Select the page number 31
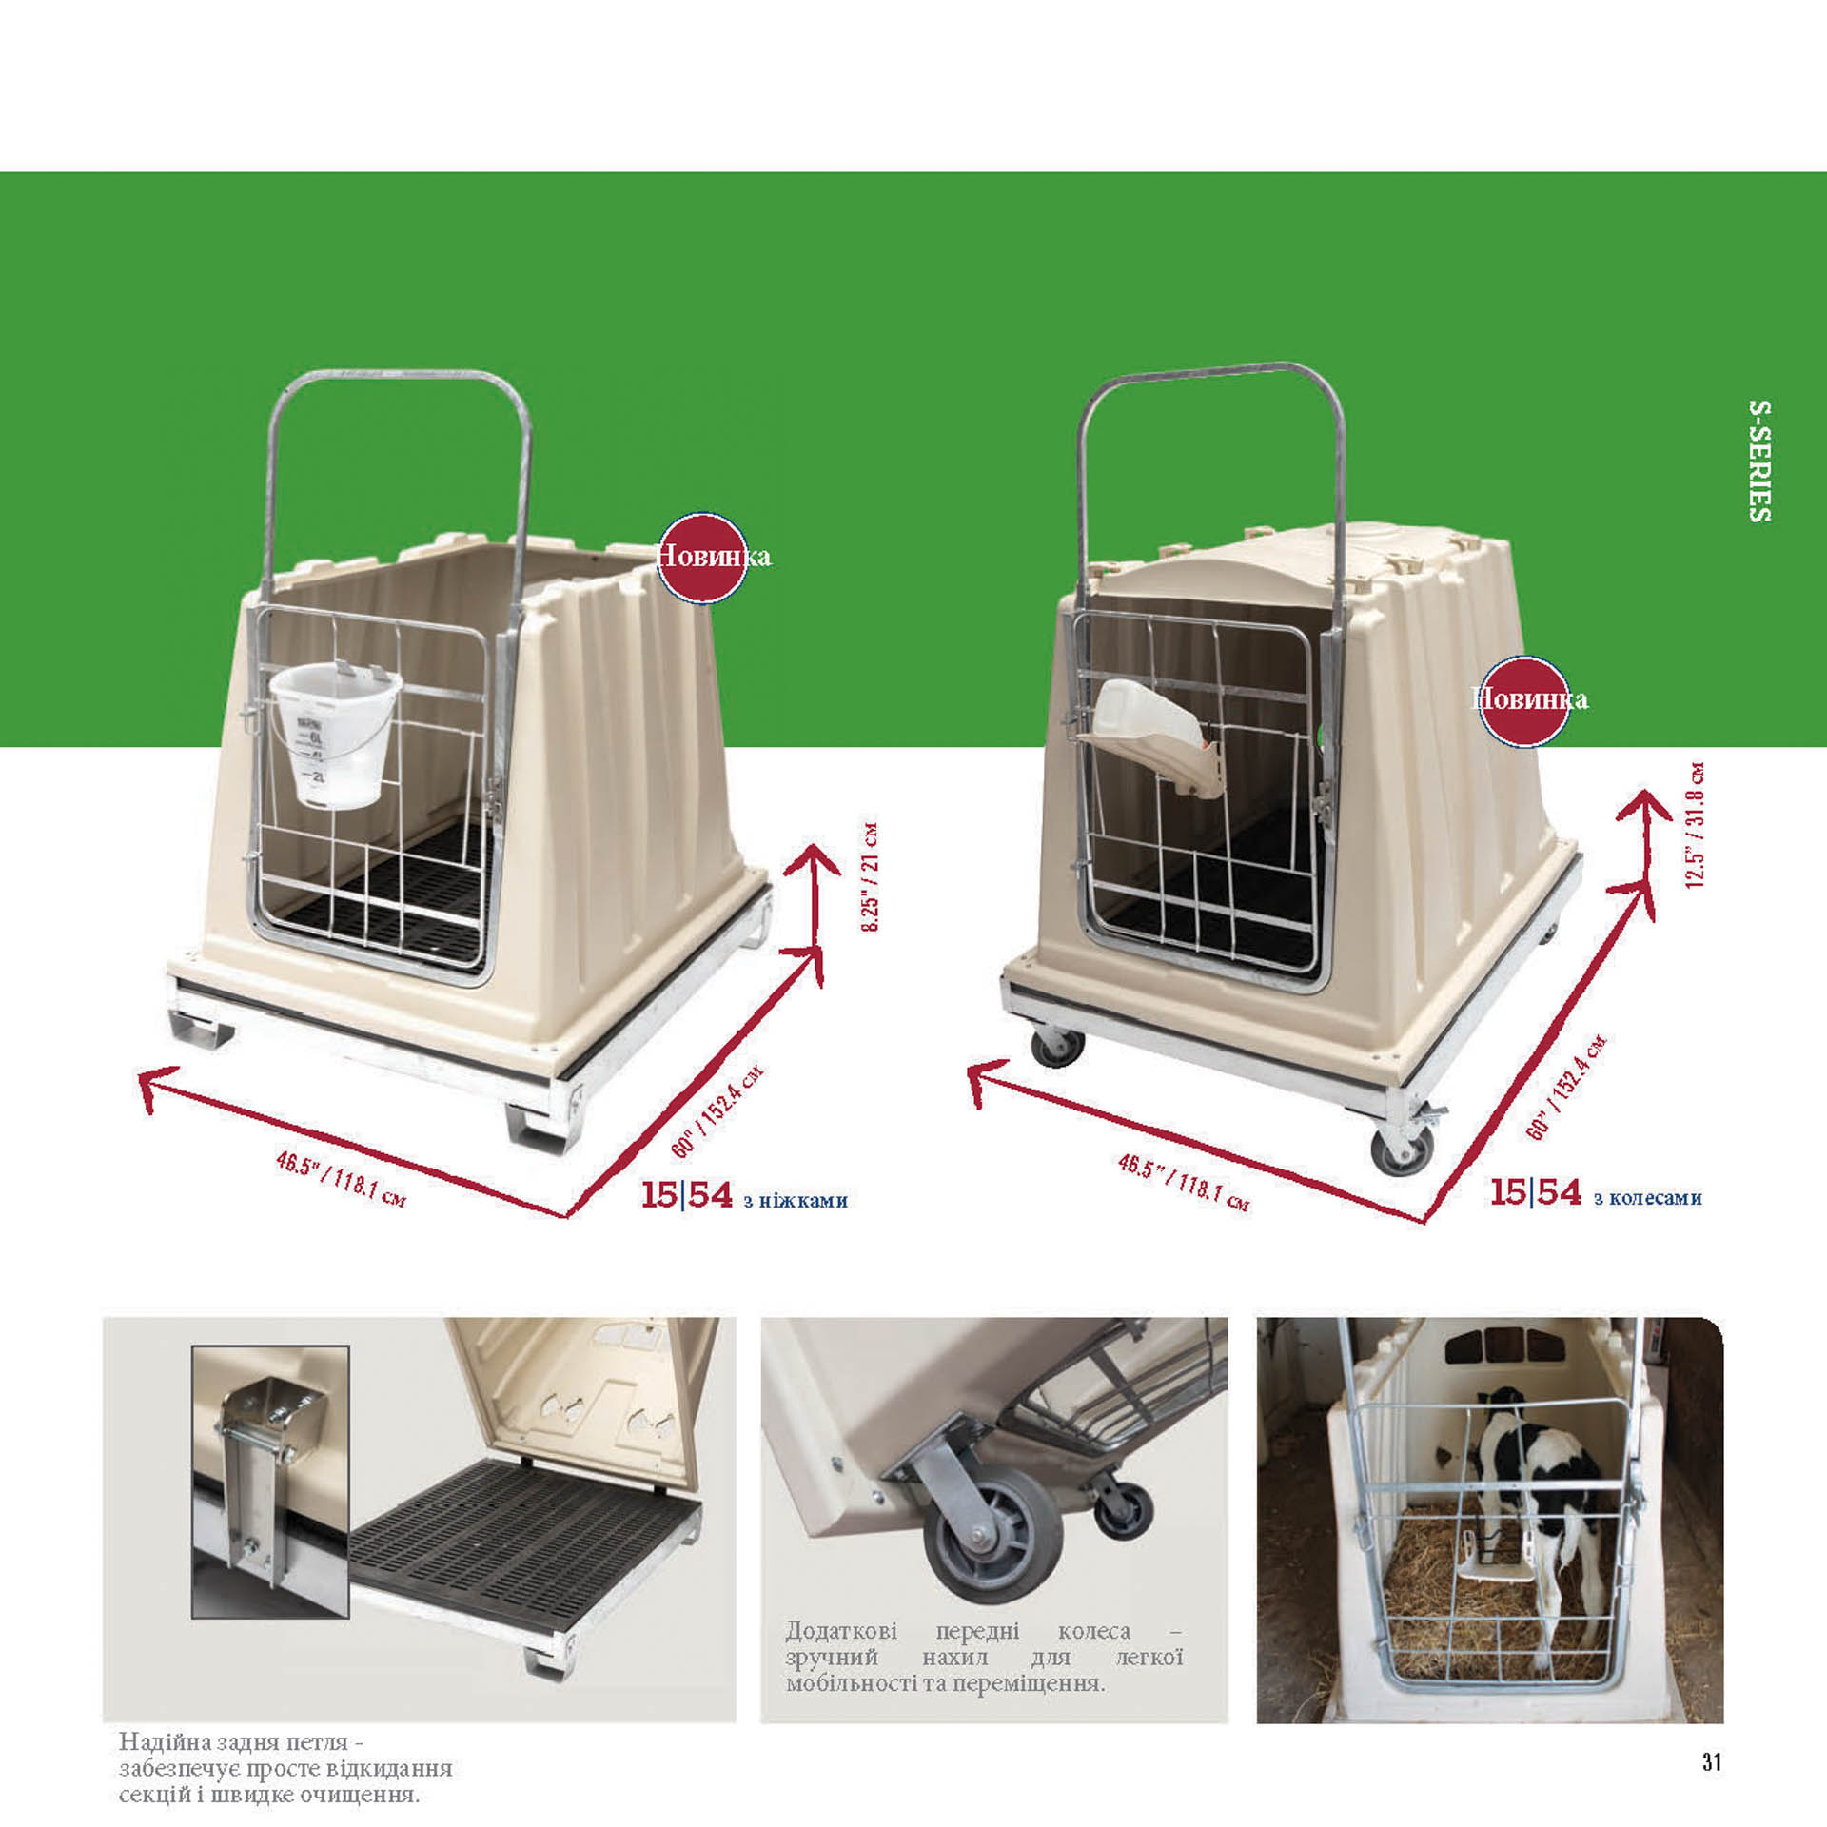(x=1712, y=1761)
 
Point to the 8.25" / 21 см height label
(x=870, y=876)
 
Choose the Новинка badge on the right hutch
(x=1525, y=700)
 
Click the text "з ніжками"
(x=796, y=1201)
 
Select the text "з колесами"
(x=1648, y=1198)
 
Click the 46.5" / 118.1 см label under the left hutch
(x=340, y=1179)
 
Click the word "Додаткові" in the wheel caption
(x=841, y=1631)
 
